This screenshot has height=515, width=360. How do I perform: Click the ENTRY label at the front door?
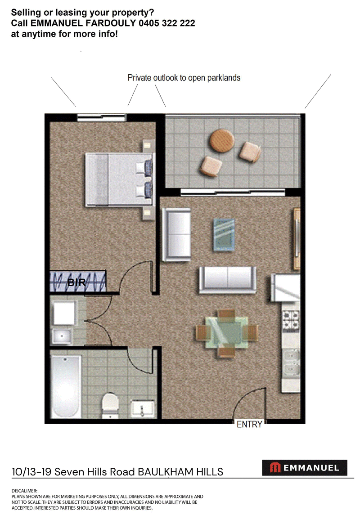249,424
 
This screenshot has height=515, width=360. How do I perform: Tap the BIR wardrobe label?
76,282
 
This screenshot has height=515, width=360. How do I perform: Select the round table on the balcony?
222,141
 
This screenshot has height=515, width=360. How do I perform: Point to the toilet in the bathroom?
110,406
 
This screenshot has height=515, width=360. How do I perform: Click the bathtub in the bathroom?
66,386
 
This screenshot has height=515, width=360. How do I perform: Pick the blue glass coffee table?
224,235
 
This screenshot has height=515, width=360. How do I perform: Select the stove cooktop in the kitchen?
291,321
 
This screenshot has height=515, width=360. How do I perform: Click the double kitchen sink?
291,365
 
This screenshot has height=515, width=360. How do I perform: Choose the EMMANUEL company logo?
305,468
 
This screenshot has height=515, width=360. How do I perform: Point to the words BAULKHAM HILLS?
180,472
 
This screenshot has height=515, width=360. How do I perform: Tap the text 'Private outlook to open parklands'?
184,78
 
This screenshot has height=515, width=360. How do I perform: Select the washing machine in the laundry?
64,313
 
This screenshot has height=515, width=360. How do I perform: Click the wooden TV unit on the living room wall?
297,239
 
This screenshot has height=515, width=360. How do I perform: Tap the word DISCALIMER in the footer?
24,491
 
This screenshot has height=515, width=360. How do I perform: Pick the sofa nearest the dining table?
228,279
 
